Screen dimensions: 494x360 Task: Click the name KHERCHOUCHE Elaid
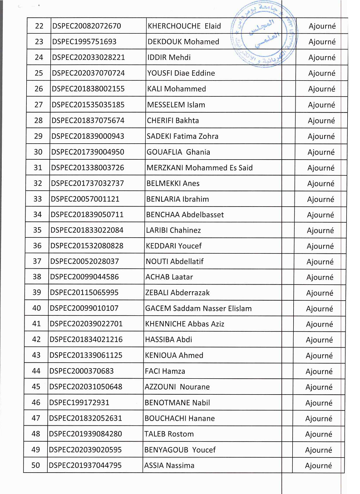pyautogui.click(x=184, y=26)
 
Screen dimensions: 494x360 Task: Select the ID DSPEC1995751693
pyautogui.click(x=84, y=42)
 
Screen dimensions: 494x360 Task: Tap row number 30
pyautogui.click(x=38, y=152)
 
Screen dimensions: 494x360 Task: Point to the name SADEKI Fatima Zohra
pyautogui.click(x=182, y=136)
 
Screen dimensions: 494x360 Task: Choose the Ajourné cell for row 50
pyautogui.click(x=318, y=465)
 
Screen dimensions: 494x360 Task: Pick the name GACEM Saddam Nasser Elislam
pyautogui.click(x=198, y=308)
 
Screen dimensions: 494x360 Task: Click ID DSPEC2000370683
pyautogui.click(x=81, y=371)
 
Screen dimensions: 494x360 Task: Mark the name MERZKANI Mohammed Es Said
pyautogui.click(x=199, y=168)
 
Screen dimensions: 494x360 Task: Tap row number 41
pyautogui.click(x=37, y=324)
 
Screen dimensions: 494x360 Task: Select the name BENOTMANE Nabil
pyautogui.click(x=177, y=402)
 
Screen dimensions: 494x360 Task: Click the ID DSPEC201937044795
pyautogui.click(x=85, y=465)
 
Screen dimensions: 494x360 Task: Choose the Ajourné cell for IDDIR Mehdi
pyautogui.click(x=322, y=58)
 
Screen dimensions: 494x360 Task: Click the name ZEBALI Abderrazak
pyautogui.click(x=178, y=293)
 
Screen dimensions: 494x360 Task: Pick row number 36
pyautogui.click(x=37, y=246)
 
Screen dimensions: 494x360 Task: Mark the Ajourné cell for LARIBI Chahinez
pyautogui.click(x=320, y=230)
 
